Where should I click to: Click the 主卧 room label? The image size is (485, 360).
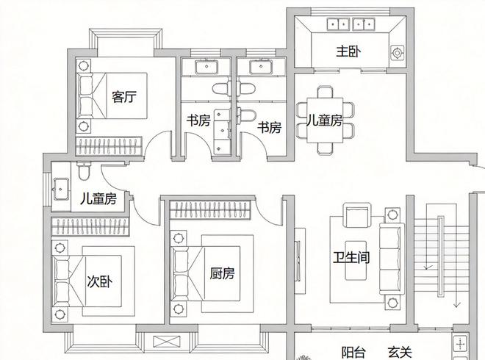tap(348, 51)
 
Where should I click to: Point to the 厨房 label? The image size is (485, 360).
tap(222, 273)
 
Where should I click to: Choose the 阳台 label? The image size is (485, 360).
tap(353, 352)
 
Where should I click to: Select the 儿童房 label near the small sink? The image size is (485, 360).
tap(98, 198)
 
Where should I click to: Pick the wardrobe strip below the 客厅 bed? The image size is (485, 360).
tap(109, 143)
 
